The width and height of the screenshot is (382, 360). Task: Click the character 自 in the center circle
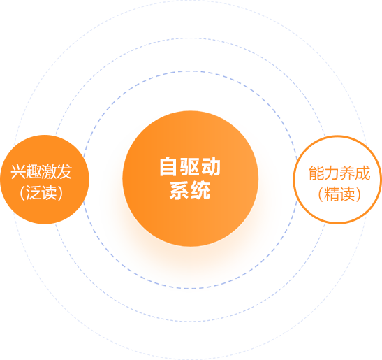tap(168, 167)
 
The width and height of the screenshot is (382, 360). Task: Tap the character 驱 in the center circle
tap(190, 167)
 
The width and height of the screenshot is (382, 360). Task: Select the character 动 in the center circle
tap(211, 167)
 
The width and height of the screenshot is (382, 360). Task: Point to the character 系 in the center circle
tap(179, 191)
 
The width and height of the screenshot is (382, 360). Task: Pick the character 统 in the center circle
tap(200, 191)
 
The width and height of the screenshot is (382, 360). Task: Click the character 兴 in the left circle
tap(18, 172)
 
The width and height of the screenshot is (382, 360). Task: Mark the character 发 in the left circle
tap(64, 172)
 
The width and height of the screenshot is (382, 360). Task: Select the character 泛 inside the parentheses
tap(34, 193)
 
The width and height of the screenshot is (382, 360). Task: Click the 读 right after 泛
tap(49, 193)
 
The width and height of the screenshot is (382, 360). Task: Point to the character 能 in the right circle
tap(316, 173)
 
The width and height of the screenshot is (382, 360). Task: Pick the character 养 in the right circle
tap(347, 173)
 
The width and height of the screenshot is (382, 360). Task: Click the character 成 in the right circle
tap(362, 173)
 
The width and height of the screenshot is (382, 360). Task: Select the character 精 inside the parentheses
tap(332, 194)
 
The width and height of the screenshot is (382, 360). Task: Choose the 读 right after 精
tap(347, 194)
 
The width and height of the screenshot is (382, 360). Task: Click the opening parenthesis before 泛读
tap(22, 193)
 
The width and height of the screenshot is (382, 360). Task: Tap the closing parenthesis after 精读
tap(358, 194)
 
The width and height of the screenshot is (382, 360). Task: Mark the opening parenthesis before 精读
tap(321, 194)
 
